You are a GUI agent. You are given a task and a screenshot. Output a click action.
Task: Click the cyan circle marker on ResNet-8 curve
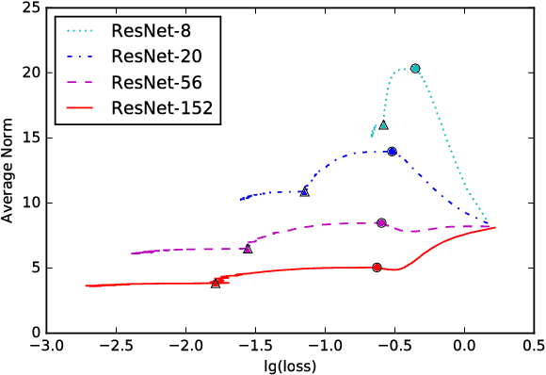click(x=415, y=69)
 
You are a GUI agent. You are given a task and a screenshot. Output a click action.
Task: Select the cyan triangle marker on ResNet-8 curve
click(x=383, y=124)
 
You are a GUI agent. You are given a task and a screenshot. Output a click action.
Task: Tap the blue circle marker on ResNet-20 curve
click(x=393, y=152)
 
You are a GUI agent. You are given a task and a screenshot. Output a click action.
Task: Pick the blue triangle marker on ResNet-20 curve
click(x=304, y=191)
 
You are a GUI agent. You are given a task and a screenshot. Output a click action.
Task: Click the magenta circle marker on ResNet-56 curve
click(x=381, y=223)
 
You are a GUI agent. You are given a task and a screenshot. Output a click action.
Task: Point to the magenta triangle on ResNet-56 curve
click(x=248, y=249)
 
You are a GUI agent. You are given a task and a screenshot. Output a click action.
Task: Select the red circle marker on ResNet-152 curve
click(x=377, y=268)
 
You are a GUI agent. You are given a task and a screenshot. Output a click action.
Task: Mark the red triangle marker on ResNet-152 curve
click(x=216, y=283)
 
